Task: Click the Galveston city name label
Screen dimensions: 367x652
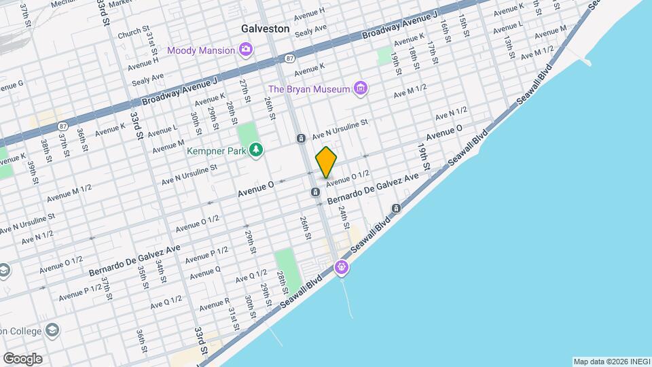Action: [x=266, y=29]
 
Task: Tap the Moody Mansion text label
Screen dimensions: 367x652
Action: [x=200, y=50]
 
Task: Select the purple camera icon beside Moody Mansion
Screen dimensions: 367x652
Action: [x=245, y=49]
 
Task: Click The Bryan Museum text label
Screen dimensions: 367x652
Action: [x=309, y=88]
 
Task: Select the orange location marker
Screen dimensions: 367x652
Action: [x=327, y=162]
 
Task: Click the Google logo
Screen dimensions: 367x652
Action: [x=22, y=358]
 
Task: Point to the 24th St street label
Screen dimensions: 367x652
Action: [x=344, y=217]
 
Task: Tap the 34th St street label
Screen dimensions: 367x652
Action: [x=161, y=270]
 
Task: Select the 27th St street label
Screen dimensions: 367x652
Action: [x=244, y=90]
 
